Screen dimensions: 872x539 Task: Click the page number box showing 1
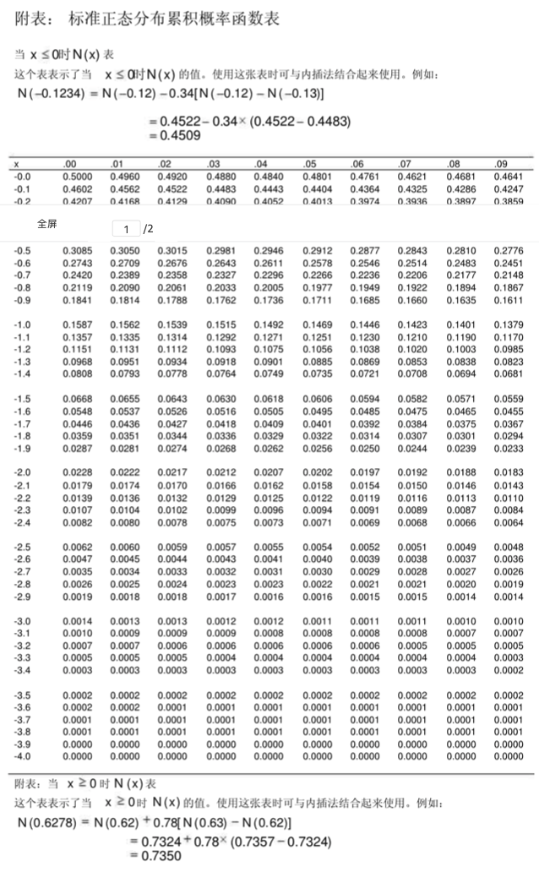(x=126, y=229)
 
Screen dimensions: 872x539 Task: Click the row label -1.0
(x=22, y=324)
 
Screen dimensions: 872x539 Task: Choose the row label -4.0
(x=22, y=756)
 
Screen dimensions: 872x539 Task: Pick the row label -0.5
(x=22, y=251)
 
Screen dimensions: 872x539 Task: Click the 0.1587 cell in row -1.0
(x=77, y=324)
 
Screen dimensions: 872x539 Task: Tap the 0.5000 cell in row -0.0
(x=77, y=177)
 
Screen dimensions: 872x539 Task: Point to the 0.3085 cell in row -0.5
(x=77, y=251)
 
